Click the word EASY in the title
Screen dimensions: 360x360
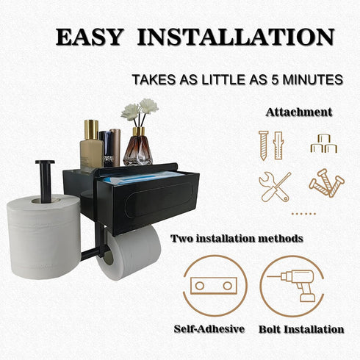[89, 37]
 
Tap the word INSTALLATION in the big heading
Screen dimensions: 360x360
[236, 37]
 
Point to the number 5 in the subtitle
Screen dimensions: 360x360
[275, 79]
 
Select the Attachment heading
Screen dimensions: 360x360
[299, 112]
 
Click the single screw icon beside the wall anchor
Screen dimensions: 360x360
[264, 145]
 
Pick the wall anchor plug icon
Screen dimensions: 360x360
[278, 145]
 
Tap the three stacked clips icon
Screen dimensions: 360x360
[324, 143]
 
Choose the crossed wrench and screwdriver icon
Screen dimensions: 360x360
[275, 187]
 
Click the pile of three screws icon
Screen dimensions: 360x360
[326, 183]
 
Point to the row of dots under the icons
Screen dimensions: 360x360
[303, 214]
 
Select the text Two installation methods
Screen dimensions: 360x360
[237, 238]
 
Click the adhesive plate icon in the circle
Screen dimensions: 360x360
[214, 286]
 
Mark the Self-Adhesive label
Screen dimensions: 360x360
[209, 329]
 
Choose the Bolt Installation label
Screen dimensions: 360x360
[301, 329]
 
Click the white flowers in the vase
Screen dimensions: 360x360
[140, 109]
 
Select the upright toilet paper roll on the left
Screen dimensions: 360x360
[44, 236]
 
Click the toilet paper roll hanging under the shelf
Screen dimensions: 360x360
[129, 253]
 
